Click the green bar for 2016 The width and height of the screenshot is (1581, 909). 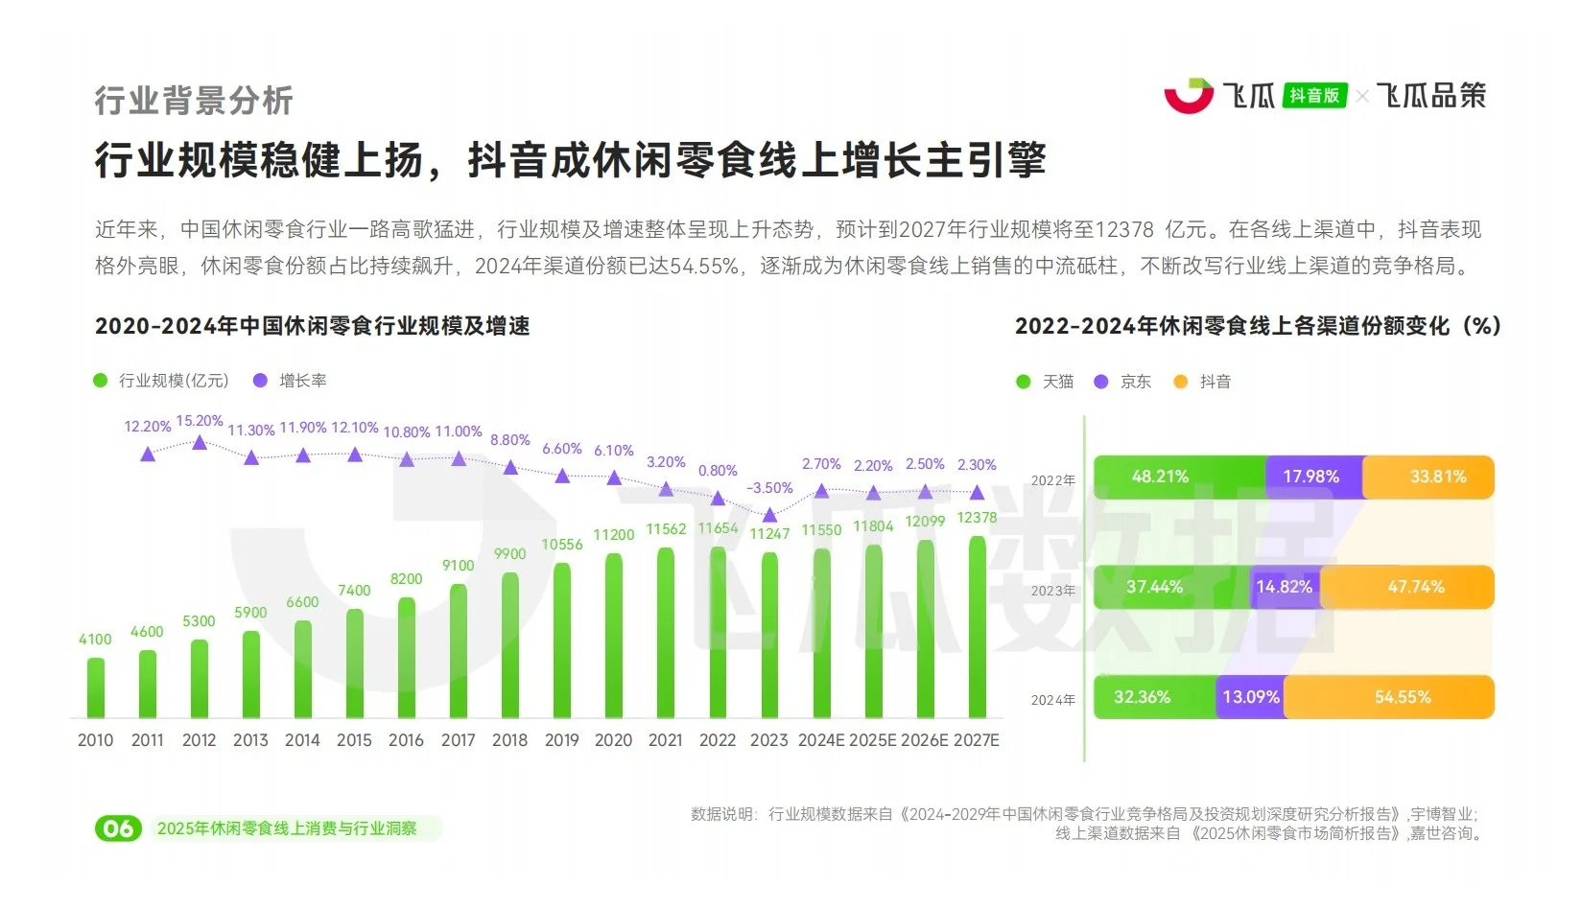click(x=406, y=658)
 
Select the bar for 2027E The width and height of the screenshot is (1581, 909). click(x=977, y=627)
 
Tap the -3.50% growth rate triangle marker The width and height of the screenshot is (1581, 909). click(x=769, y=516)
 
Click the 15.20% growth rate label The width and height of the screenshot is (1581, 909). click(x=199, y=421)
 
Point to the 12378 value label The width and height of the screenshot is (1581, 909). click(x=977, y=518)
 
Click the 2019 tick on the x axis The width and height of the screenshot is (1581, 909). click(x=561, y=740)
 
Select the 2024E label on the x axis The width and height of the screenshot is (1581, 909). click(x=821, y=740)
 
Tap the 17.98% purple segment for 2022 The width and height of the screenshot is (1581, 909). click(x=1312, y=477)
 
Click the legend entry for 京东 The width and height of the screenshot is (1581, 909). click(x=1124, y=382)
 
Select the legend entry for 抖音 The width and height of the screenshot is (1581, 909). click(x=1203, y=382)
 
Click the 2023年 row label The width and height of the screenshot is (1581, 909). click(x=1052, y=591)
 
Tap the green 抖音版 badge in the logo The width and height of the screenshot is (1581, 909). click(x=1314, y=96)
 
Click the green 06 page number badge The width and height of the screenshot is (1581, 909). click(x=118, y=828)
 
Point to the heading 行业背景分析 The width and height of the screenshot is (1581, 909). click(x=194, y=101)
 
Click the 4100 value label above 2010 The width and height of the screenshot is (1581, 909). click(x=95, y=640)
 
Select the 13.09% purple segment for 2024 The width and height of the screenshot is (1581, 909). click(x=1250, y=697)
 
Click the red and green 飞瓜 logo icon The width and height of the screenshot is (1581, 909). click(x=1189, y=96)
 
